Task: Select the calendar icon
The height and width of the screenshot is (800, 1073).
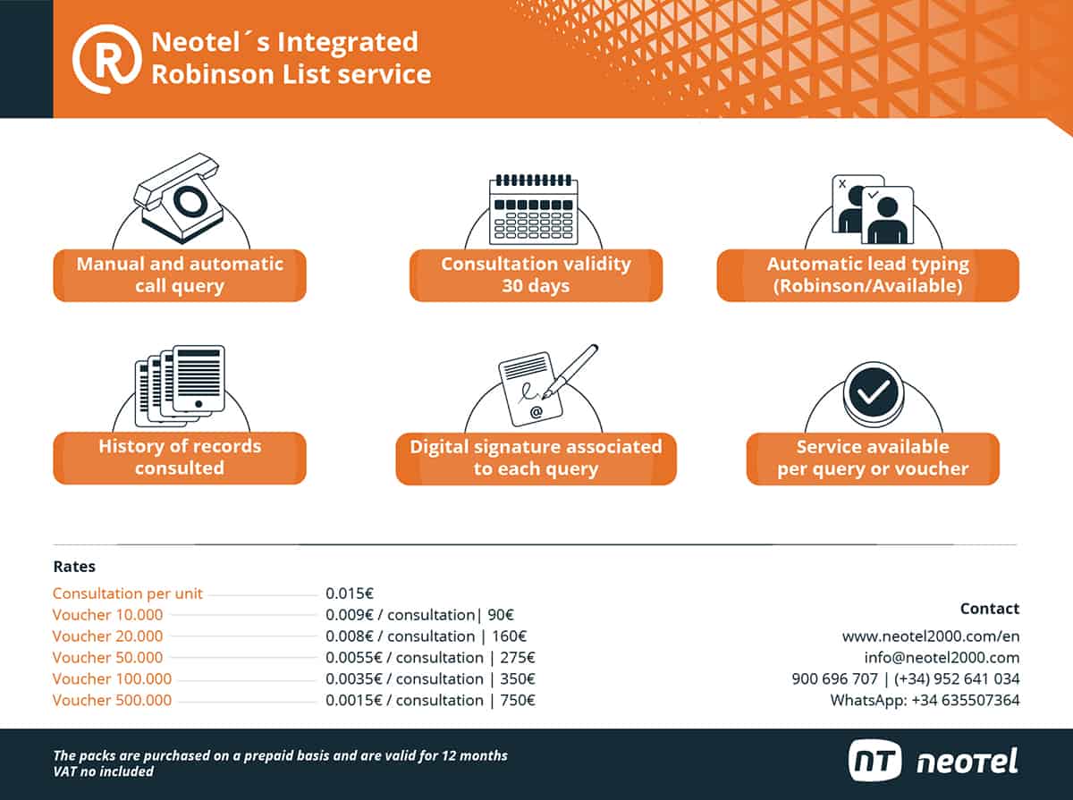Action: click(533, 209)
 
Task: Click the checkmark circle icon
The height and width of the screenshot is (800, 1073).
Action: click(873, 393)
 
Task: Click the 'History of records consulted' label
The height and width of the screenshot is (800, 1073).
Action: click(180, 457)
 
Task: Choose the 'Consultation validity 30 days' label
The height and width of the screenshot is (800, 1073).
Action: click(536, 275)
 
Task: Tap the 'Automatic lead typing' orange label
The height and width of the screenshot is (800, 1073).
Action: click(867, 275)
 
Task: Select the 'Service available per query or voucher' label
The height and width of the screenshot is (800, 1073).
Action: click(873, 458)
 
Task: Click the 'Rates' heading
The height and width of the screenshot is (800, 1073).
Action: click(74, 567)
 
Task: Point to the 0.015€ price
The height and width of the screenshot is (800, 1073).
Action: click(350, 594)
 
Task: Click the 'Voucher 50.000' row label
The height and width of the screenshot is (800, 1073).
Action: click(108, 658)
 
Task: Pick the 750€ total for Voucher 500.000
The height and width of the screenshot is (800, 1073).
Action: click(519, 701)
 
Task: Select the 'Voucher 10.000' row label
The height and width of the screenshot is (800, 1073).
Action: click(108, 615)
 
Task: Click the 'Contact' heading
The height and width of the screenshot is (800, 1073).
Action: click(989, 609)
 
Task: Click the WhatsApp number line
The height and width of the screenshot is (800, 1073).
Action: click(925, 701)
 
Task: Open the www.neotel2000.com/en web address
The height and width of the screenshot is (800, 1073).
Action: click(930, 636)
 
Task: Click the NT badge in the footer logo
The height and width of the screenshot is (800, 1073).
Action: click(876, 761)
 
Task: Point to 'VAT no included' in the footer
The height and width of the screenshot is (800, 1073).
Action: click(104, 771)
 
